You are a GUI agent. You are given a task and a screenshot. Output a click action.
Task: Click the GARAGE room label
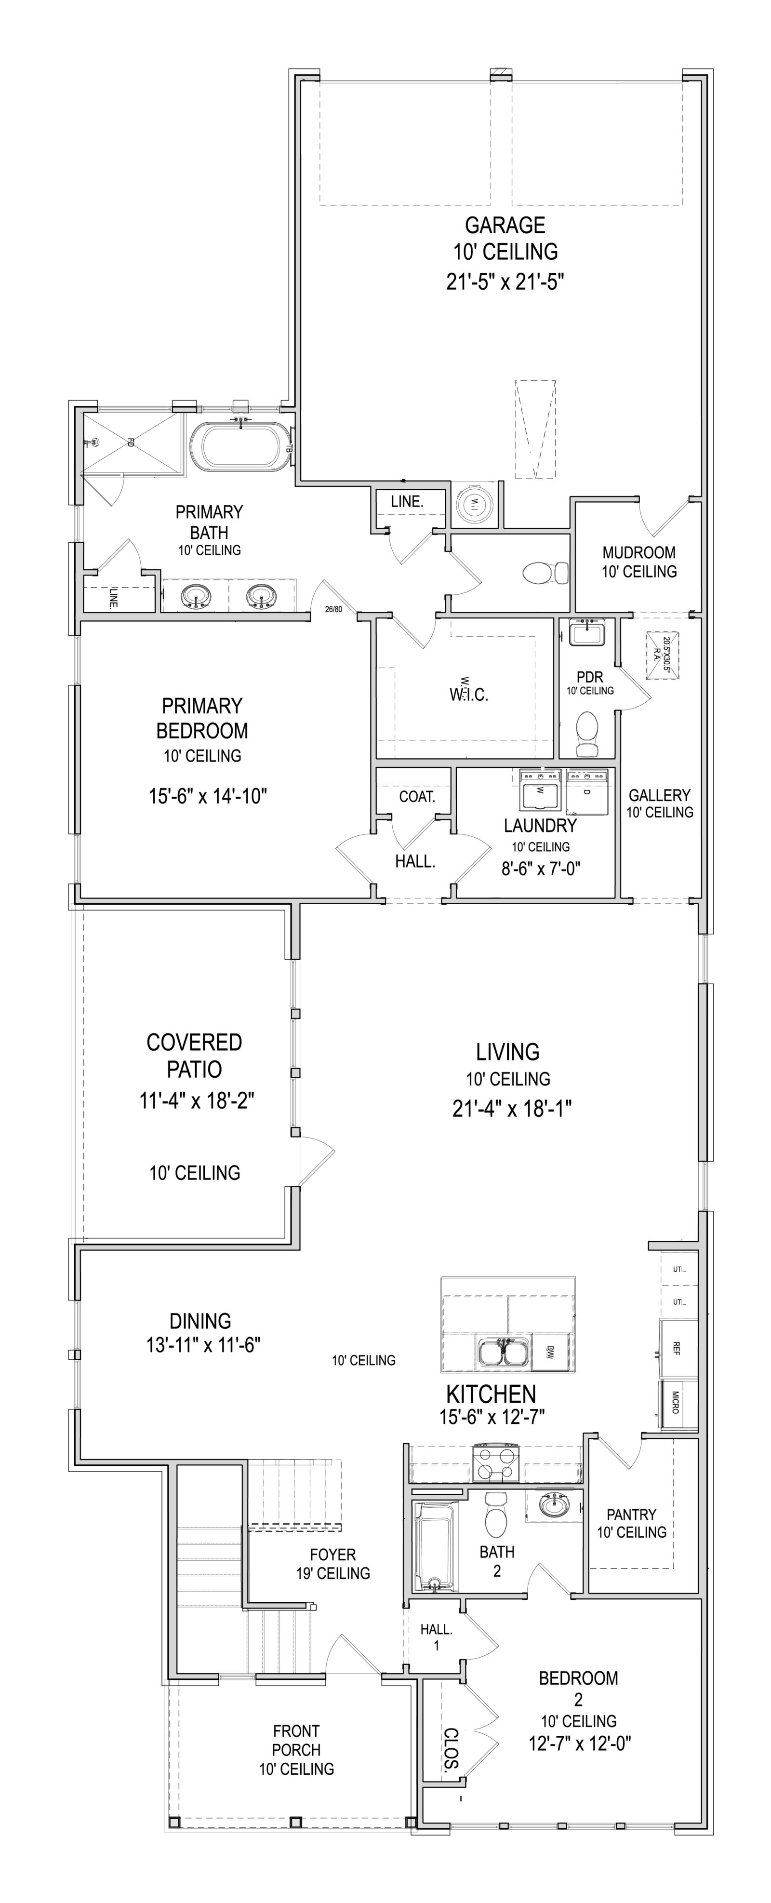505,225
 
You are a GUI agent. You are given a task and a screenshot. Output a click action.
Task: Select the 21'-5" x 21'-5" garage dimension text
505,282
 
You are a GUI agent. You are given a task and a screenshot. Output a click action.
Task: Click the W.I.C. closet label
469,695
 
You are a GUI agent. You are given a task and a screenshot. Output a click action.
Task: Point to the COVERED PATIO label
194,1055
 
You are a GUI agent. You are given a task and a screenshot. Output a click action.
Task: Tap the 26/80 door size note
334,609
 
